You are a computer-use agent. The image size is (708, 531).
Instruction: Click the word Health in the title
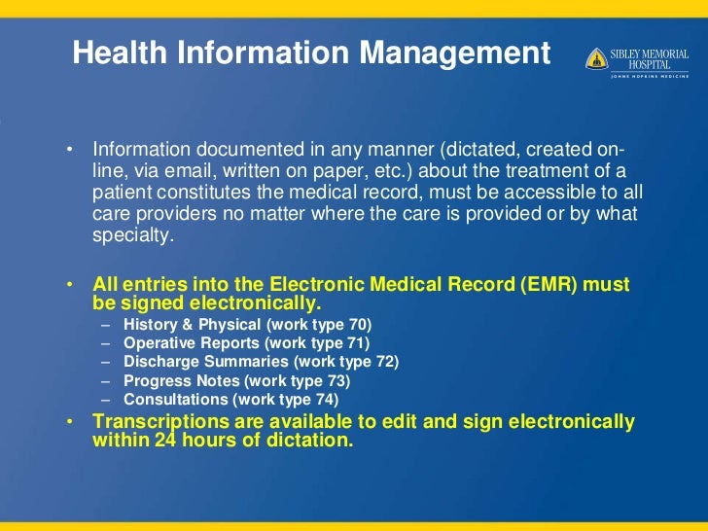coord(116,53)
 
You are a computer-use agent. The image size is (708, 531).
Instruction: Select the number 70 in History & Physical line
coord(358,324)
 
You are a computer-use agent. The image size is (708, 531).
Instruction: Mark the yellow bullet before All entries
coord(71,285)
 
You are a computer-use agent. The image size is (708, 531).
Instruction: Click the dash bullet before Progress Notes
coord(105,380)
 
